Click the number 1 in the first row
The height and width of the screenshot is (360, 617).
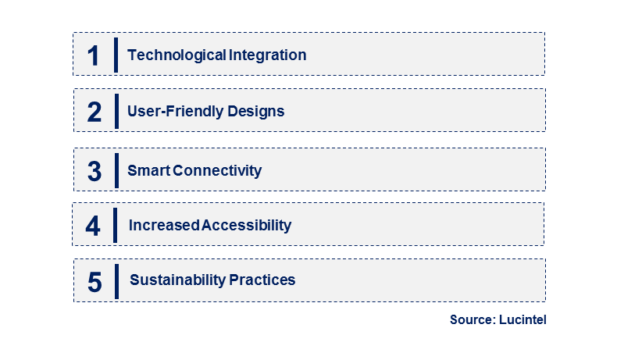(94, 55)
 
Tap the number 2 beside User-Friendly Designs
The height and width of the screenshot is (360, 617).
(95, 112)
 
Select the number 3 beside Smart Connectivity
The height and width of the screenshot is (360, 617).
(95, 171)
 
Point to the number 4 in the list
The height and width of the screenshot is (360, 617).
(94, 226)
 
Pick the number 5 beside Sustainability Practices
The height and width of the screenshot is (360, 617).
(95, 281)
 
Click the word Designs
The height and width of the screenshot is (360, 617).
(256, 112)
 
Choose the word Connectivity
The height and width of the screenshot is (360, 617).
(217, 170)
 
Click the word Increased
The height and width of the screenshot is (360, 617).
(164, 226)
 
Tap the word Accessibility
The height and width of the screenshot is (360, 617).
(247, 226)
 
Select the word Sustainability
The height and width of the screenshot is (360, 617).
(178, 280)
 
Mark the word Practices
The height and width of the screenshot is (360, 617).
(262, 280)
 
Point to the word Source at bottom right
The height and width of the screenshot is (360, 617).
(473, 320)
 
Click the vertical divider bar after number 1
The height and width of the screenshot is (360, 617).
(116, 55)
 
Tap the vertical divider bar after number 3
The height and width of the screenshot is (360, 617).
(116, 169)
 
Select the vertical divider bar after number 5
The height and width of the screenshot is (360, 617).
(116, 280)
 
